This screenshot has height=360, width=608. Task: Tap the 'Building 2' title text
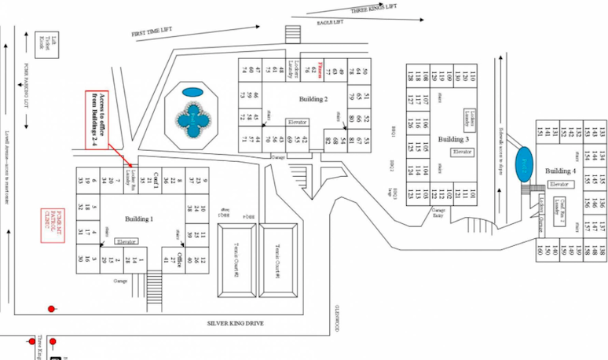[313, 99]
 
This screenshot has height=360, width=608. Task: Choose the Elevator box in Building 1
[126, 241]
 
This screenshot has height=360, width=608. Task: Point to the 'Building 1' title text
[139, 218]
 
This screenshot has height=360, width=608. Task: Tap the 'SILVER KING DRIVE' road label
[236, 323]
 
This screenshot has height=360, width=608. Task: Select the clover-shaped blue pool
[193, 121]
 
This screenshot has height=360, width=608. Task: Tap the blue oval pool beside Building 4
[524, 165]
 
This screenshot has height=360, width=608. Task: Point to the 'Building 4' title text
[561, 171]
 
